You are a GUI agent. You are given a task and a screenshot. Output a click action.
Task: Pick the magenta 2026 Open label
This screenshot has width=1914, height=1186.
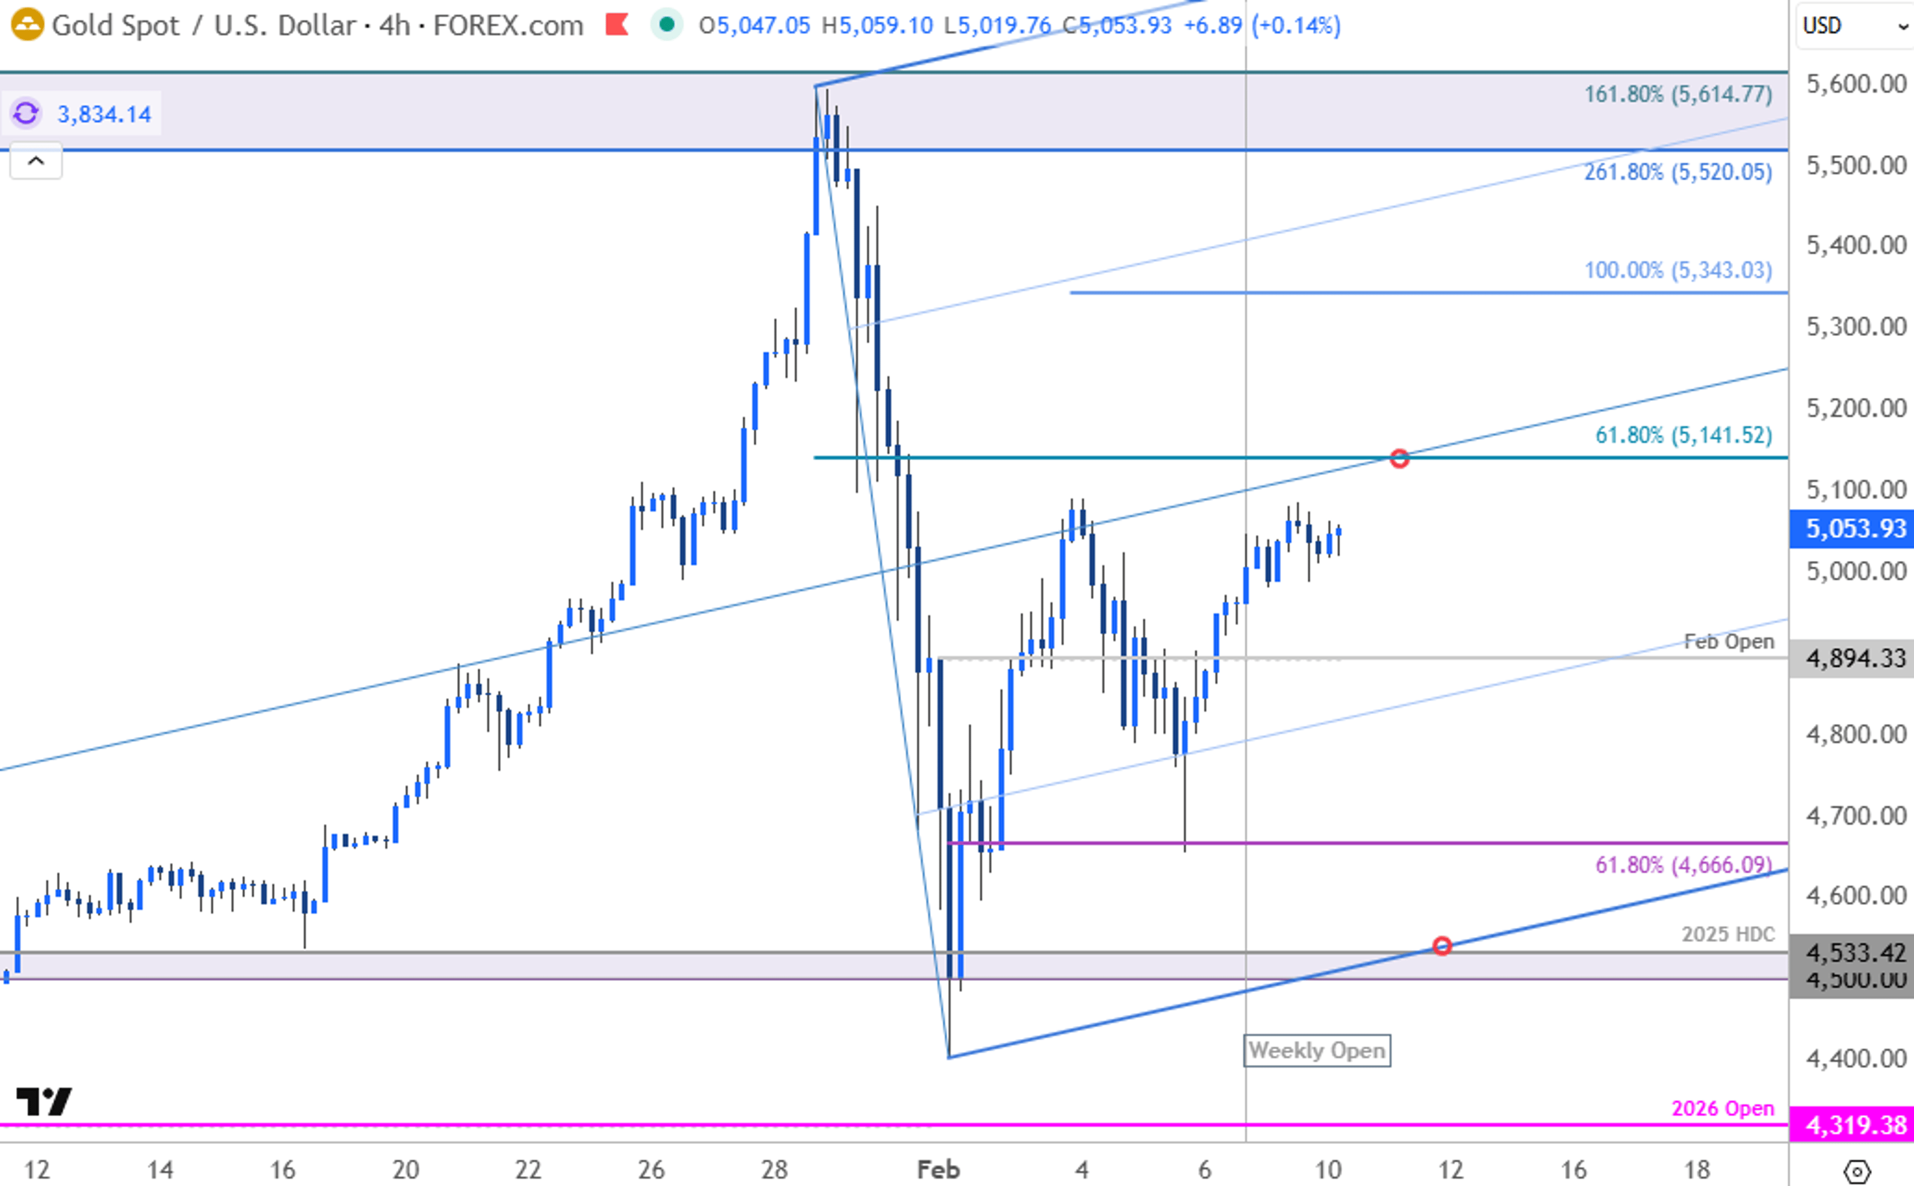[1722, 1108]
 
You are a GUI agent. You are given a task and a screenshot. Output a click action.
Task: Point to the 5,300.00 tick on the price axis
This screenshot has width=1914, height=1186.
[1855, 327]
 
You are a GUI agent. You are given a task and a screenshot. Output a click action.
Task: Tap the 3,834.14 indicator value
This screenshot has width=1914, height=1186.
[104, 115]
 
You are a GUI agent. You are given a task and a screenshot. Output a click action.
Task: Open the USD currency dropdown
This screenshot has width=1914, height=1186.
[1854, 26]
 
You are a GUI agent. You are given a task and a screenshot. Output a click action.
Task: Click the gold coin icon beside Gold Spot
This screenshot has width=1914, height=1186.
[26, 25]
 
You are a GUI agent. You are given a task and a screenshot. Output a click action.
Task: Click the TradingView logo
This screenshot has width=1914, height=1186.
[44, 1101]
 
